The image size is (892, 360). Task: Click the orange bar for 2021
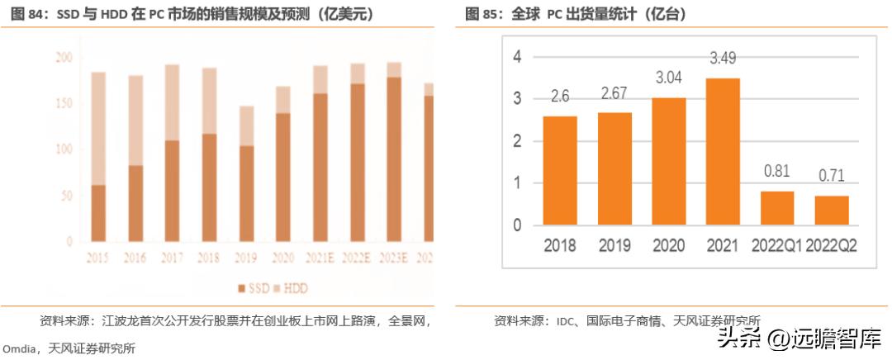click(724, 152)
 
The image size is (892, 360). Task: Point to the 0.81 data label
click(777, 173)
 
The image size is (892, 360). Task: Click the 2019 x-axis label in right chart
click(615, 245)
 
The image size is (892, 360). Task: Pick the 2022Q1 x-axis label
click(777, 245)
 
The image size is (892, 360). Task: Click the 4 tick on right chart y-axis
click(517, 57)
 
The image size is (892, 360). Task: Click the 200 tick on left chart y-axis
click(64, 58)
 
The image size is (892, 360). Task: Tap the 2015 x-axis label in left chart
click(98, 258)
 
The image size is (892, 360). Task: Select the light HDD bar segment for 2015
click(98, 128)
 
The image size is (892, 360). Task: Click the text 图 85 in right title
click(483, 13)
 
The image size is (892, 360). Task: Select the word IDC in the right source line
click(566, 320)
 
